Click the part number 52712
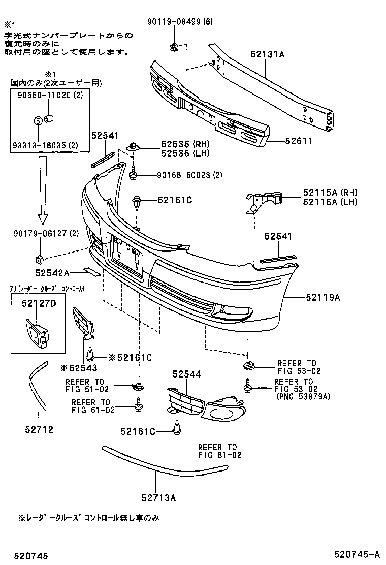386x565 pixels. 40,429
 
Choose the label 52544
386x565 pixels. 186,374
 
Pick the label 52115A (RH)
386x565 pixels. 330,192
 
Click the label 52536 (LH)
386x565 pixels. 175,153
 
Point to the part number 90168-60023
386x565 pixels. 176,175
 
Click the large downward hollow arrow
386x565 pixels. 43,189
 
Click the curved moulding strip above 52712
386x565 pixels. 36,386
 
